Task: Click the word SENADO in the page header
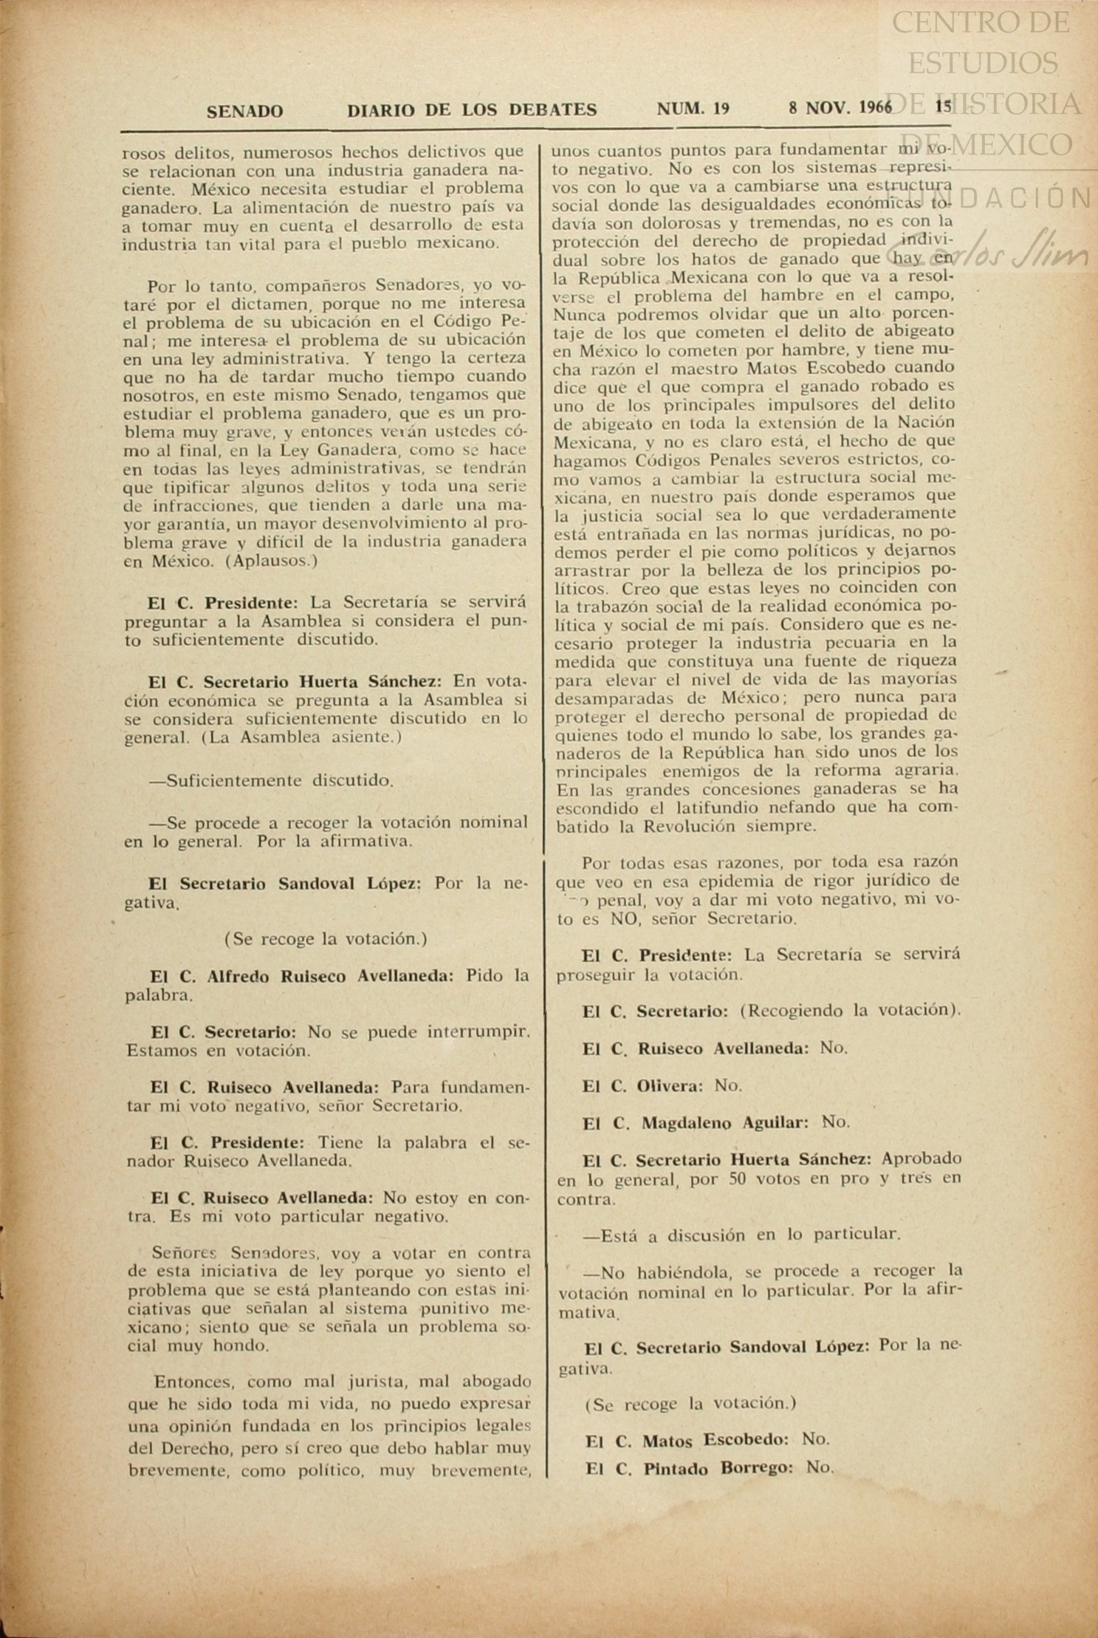(244, 112)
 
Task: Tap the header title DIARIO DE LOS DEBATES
(472, 110)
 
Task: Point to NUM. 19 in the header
(693, 109)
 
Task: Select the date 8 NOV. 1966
(840, 108)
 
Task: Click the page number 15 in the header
(943, 106)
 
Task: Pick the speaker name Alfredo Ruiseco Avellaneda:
(330, 976)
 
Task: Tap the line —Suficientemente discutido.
(271, 781)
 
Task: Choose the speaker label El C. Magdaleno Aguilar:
(695, 1123)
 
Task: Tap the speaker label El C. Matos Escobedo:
(687, 1440)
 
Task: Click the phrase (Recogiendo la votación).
(850, 1011)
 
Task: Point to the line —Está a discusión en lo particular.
(741, 1235)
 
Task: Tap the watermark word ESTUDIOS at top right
(983, 64)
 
